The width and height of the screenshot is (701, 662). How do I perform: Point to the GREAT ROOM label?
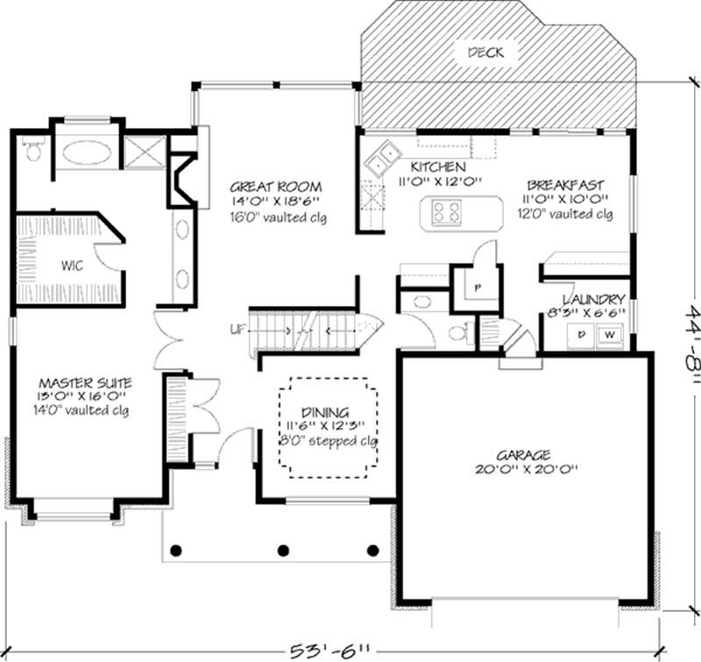[276, 187]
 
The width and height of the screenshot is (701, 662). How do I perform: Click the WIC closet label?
[72, 267]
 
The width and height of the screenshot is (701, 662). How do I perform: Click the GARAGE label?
[523, 455]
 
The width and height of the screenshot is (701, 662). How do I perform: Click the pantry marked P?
[478, 287]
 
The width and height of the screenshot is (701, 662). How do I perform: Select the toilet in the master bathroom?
[32, 151]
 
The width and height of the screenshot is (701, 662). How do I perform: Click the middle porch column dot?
[283, 551]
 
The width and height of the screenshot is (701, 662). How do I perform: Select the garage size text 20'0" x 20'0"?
[523, 470]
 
